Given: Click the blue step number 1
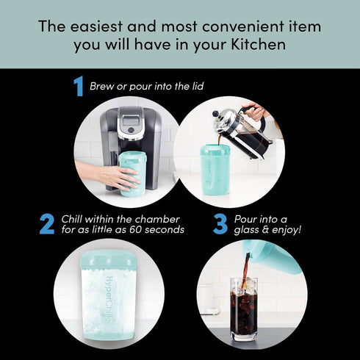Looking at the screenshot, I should (x=78, y=87).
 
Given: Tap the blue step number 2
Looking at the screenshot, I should (x=47, y=223).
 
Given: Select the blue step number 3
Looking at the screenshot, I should (x=220, y=223).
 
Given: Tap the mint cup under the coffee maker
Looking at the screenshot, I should (x=133, y=173).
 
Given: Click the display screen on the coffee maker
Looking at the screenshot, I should (x=132, y=117).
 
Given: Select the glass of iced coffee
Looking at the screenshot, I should (x=244, y=307).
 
